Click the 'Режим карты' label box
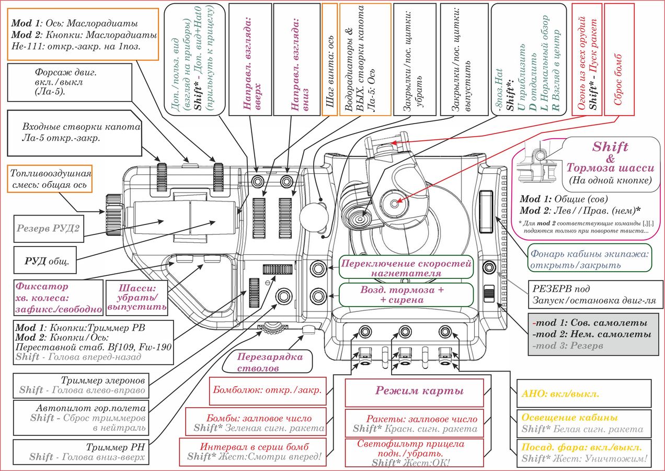414,393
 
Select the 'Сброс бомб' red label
620,60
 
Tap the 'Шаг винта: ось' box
330,60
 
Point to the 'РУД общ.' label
45,260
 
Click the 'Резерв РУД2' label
49,229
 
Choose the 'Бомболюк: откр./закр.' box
268,391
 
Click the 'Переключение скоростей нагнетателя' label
406,268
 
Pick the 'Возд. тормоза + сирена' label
406,295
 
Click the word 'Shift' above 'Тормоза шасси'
611,147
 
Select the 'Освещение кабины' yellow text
569,417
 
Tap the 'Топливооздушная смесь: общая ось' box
50,179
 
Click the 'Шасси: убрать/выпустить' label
137,297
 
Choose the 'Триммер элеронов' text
102,380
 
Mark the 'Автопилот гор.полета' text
91,408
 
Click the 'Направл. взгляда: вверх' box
250,60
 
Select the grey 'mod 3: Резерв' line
568,345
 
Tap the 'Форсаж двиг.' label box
70,82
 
